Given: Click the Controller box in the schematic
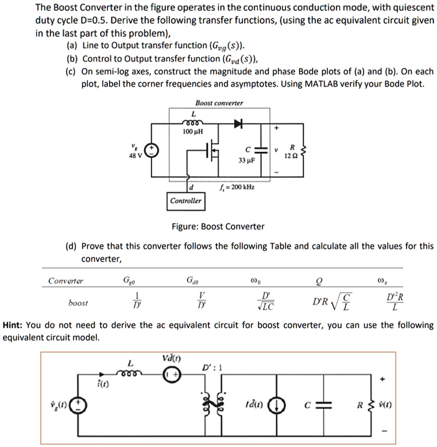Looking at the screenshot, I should click(x=186, y=201).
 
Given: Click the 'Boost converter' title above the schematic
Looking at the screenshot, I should click(x=219, y=103).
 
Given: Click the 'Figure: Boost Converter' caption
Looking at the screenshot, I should click(x=218, y=226).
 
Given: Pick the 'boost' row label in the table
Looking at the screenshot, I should click(x=78, y=302).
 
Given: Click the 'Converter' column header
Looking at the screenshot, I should click(x=65, y=281).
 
